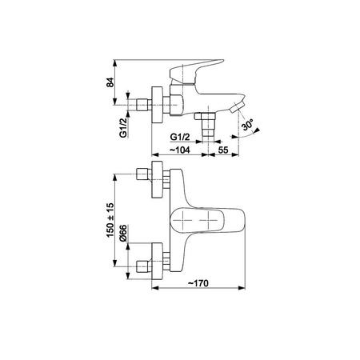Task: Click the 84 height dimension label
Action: click(x=110, y=82)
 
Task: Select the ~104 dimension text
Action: click(x=180, y=150)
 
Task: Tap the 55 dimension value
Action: click(x=223, y=150)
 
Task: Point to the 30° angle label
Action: click(x=248, y=125)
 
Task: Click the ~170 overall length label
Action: click(x=198, y=283)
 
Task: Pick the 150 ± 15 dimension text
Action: click(x=110, y=220)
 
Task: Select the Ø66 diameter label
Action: click(x=123, y=234)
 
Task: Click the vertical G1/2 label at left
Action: click(x=123, y=128)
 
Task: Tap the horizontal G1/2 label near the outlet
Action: click(x=180, y=137)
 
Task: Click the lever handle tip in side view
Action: click(x=222, y=61)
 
